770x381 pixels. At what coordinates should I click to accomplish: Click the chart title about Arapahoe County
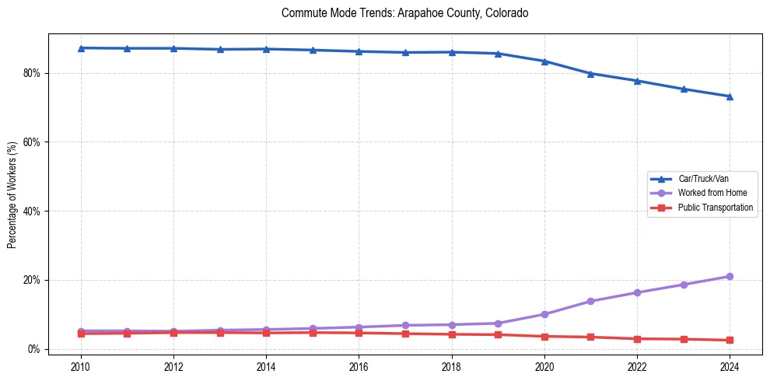404,13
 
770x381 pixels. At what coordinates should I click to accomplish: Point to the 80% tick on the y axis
34,73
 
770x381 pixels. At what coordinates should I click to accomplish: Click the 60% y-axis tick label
34,142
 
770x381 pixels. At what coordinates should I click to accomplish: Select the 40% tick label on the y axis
34,211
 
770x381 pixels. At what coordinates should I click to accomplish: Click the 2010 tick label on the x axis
81,366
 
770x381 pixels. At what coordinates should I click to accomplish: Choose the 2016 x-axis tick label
359,366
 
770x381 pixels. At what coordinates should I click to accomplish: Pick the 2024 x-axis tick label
730,366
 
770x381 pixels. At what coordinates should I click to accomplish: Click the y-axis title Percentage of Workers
12,194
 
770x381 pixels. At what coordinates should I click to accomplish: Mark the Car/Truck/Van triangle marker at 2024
730,96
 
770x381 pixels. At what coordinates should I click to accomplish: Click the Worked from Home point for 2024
730,277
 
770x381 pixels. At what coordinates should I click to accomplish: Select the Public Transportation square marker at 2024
730,340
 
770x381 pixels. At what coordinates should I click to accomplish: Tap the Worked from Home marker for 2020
544,314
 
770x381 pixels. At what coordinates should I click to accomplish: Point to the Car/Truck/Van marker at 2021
590,74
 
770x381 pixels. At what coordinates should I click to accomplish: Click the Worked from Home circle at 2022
637,292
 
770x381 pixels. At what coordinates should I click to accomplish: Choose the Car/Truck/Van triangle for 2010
81,48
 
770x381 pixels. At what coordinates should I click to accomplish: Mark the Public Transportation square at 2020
544,337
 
